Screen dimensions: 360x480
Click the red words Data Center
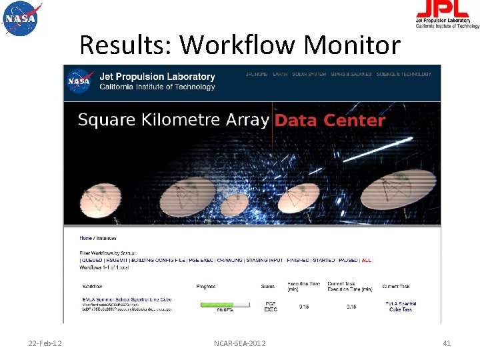(330, 121)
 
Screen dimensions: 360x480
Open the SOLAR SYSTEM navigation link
(309, 75)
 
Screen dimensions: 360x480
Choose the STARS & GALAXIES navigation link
(351, 75)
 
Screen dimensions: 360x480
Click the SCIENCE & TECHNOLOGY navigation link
(403, 75)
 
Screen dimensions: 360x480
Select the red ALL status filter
(366, 261)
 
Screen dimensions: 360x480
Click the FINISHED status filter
(299, 261)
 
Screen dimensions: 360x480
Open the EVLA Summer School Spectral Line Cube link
(126, 299)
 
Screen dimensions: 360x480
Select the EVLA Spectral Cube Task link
(400, 307)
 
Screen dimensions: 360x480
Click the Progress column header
(206, 287)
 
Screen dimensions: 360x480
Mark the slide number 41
(447, 343)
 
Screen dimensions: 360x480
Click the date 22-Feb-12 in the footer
(45, 343)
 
